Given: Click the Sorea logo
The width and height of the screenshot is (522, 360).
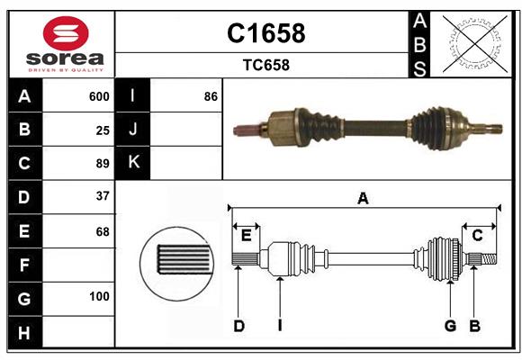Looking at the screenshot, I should pyautogui.click(x=66, y=44).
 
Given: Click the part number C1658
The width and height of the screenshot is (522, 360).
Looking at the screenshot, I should pyautogui.click(x=265, y=33).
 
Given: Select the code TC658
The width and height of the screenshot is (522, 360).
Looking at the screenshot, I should pyautogui.click(x=265, y=65).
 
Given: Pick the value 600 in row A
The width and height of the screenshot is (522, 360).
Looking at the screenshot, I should pyautogui.click(x=99, y=96).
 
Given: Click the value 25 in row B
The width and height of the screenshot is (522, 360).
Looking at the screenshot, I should pyautogui.click(x=103, y=130).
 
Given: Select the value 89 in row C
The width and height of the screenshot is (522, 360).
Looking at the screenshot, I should pyautogui.click(x=103, y=164).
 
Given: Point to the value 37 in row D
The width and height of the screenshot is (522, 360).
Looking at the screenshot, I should pyautogui.click(x=103, y=196).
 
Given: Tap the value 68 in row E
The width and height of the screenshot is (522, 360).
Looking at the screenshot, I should pyautogui.click(x=103, y=231).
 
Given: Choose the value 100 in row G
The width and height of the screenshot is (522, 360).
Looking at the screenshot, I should pyautogui.click(x=99, y=296).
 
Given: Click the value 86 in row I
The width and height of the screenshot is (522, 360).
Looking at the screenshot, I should pyautogui.click(x=211, y=96).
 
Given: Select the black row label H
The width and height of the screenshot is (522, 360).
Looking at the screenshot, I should pyautogui.click(x=24, y=333).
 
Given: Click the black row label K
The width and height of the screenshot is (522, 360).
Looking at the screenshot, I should pyautogui.click(x=133, y=163).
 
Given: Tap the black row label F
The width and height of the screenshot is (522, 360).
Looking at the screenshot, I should pyautogui.click(x=24, y=265).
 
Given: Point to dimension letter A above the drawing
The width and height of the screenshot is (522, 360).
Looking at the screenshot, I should pyautogui.click(x=363, y=199).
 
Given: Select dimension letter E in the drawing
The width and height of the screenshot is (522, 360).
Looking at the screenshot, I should pyautogui.click(x=246, y=236).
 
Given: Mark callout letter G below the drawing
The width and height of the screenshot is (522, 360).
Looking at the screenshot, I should pyautogui.click(x=450, y=326).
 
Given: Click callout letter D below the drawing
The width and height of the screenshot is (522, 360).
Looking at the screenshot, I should pyautogui.click(x=238, y=326).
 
